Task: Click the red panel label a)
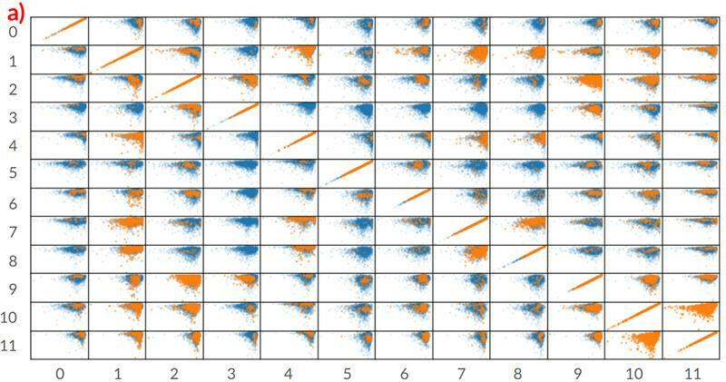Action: point(15,11)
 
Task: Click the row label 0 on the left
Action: point(13,33)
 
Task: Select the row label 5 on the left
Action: point(13,173)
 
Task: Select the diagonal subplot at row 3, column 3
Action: point(231,116)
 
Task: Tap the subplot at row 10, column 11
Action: point(692,316)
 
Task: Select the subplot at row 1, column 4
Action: point(289,59)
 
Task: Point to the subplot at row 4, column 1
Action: point(116,144)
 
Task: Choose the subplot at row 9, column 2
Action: point(174,287)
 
